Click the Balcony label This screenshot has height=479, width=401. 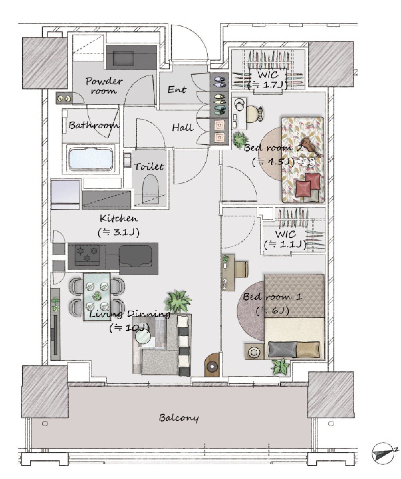click(x=178, y=418)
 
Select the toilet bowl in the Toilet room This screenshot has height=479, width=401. click(x=151, y=189)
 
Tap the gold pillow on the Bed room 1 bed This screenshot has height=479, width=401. click(x=308, y=349)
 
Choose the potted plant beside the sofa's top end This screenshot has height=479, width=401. click(x=178, y=301)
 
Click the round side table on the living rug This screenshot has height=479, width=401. click(x=143, y=337)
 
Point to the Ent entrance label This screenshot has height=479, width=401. click(x=177, y=90)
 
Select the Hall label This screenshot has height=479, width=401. click(x=183, y=127)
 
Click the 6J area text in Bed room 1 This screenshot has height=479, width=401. click(x=272, y=311)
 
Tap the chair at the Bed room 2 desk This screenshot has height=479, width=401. click(x=254, y=114)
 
